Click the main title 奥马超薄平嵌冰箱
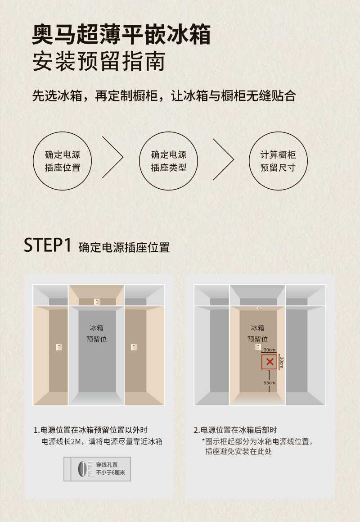pos(121,34)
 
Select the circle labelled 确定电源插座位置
pos(62,161)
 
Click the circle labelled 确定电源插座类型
pos(168,161)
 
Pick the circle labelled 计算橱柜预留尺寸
pos(278,161)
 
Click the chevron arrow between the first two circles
pos(123,157)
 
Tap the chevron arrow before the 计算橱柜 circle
pos(234,159)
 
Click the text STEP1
pos(48,245)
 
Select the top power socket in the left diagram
pos(97,302)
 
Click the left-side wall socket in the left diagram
pos(59,347)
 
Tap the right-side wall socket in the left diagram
pos(134,347)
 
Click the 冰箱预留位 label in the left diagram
pos(96,334)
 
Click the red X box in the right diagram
pos(270,362)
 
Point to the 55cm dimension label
pos(270,382)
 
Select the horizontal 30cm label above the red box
pos(270,350)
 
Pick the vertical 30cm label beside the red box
pos(282,362)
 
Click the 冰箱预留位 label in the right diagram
pos(257,334)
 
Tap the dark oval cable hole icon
pos(81,469)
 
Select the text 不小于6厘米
pos(110,473)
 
